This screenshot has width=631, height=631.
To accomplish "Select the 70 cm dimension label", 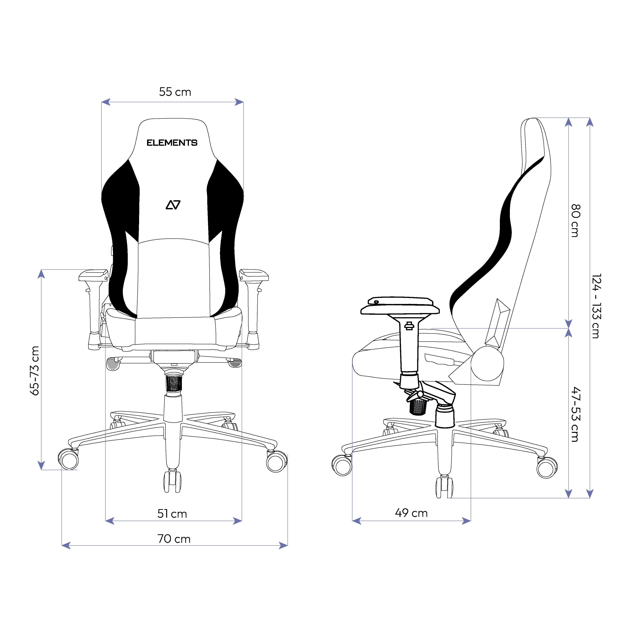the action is tap(174, 539).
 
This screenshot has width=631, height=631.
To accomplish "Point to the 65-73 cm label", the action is tap(35, 371).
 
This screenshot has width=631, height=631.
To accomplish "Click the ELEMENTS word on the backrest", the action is tap(172, 143).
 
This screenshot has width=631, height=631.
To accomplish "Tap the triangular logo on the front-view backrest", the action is tap(173, 205).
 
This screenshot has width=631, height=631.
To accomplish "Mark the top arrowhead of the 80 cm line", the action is tap(569, 122).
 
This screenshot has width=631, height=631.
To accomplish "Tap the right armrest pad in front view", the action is tap(254, 275).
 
